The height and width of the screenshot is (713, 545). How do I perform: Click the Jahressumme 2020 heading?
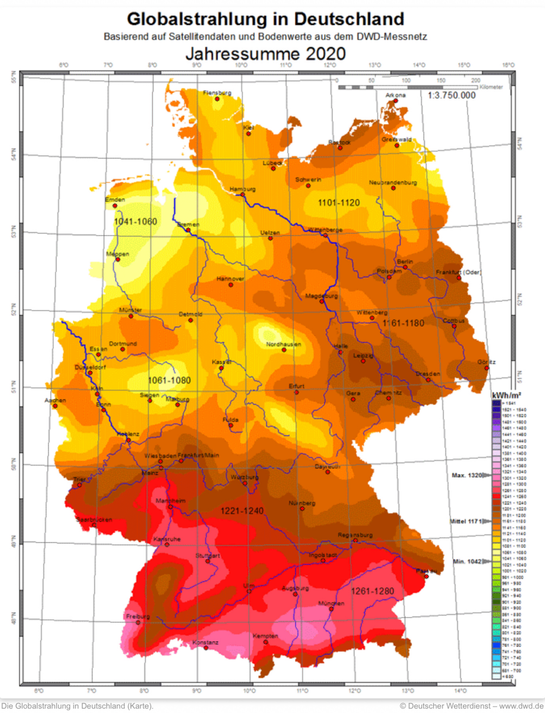(x=265, y=54)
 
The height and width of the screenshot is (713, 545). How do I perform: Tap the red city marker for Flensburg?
(x=217, y=99)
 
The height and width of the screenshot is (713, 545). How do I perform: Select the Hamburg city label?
(x=243, y=189)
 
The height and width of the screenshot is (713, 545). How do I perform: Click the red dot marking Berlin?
(x=405, y=267)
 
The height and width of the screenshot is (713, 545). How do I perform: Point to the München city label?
(x=331, y=603)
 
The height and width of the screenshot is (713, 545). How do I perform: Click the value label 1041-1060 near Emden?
(x=135, y=221)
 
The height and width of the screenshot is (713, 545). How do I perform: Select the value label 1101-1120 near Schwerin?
(x=339, y=202)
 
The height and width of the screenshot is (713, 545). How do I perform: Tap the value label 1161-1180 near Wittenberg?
(x=403, y=323)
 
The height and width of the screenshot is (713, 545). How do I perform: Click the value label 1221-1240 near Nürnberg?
(x=242, y=511)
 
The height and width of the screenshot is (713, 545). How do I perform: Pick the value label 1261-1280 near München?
(x=372, y=591)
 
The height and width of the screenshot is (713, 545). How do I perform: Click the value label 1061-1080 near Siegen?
(x=169, y=380)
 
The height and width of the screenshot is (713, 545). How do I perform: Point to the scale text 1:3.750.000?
(x=452, y=95)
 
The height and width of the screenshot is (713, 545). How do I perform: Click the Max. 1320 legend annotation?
(x=466, y=475)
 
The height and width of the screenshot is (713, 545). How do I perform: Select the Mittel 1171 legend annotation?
(x=466, y=521)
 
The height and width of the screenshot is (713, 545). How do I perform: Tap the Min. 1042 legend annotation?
(x=467, y=561)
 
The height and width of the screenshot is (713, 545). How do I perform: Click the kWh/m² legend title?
(x=506, y=395)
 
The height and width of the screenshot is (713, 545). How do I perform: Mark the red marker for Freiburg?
(x=138, y=622)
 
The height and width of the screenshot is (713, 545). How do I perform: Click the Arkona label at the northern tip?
(x=395, y=95)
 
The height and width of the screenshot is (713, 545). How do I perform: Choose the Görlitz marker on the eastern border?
(x=487, y=368)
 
